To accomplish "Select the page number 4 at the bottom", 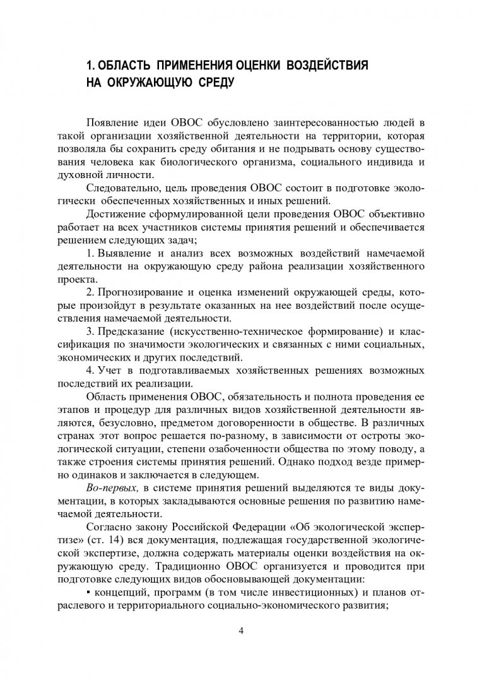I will (x=240, y=631).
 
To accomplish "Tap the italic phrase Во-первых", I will (x=112, y=489).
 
